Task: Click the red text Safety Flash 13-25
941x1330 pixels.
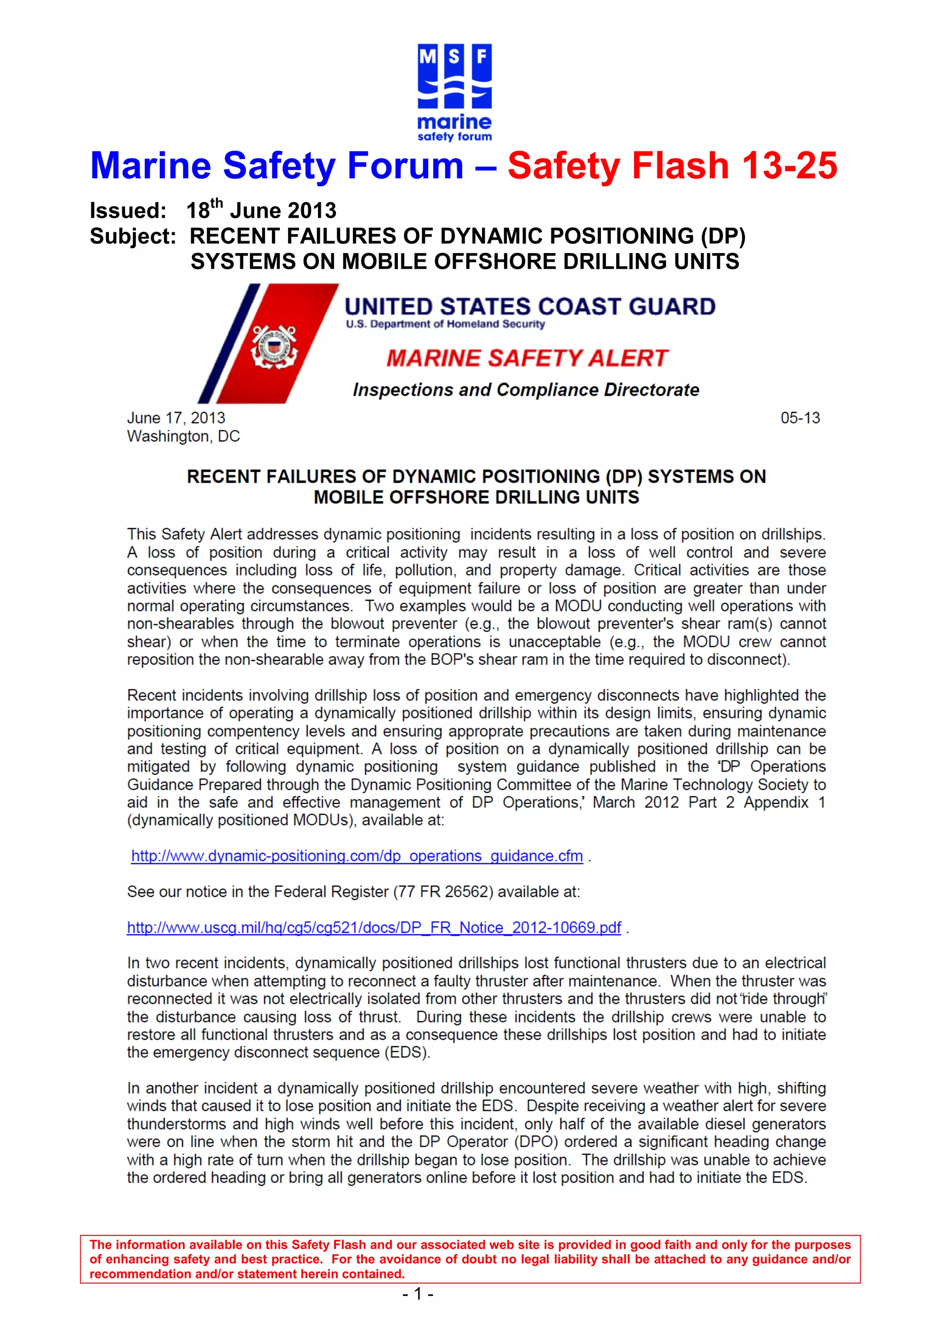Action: (x=672, y=166)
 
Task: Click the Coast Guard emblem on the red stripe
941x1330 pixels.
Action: (x=273, y=346)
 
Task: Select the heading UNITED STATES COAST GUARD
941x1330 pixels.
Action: (x=530, y=306)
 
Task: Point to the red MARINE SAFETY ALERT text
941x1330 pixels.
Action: (x=527, y=358)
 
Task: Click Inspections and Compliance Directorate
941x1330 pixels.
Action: (x=526, y=390)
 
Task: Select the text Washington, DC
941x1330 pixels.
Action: (x=183, y=436)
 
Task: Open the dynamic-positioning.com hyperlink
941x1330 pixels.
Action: (x=357, y=856)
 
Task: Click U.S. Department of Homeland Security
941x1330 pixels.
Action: (x=445, y=324)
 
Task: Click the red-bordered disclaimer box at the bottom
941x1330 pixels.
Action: (x=470, y=1259)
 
